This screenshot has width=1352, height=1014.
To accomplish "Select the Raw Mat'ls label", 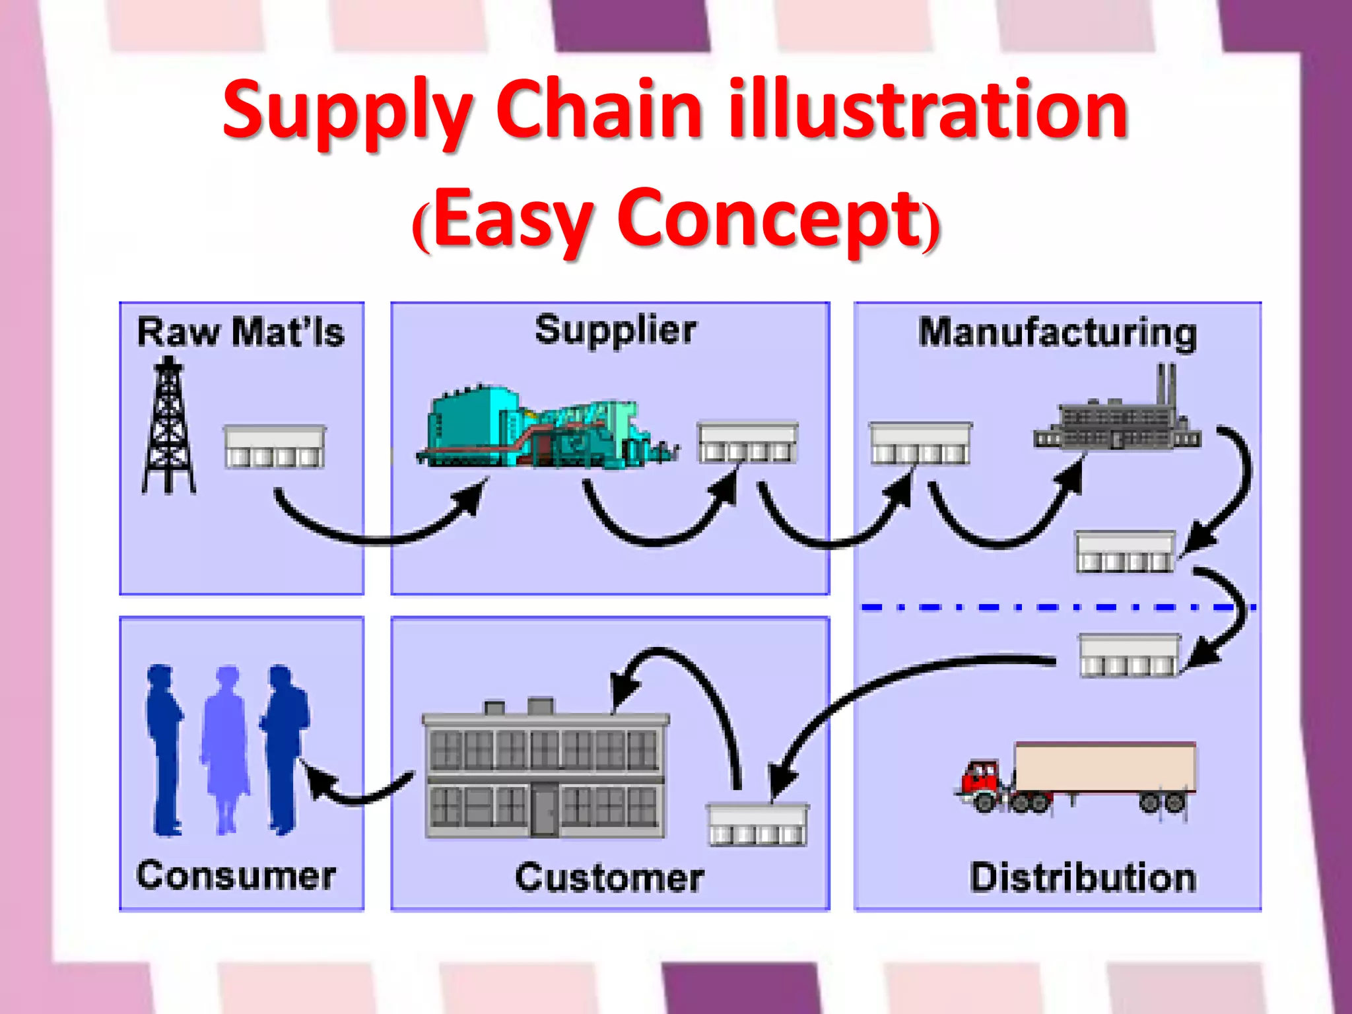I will (x=240, y=332).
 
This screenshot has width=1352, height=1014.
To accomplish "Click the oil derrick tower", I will (x=169, y=426).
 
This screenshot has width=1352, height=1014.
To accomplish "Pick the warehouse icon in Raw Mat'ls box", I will (x=275, y=447).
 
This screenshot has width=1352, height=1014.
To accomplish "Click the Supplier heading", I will (x=615, y=329).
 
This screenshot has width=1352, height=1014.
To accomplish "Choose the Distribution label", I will (x=1083, y=877).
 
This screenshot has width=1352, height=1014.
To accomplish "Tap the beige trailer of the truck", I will (x=1104, y=766).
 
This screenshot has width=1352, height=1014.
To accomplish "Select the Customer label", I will (x=609, y=878).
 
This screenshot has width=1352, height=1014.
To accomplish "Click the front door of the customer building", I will (x=544, y=808).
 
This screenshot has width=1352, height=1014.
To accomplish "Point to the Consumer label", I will (x=236, y=876).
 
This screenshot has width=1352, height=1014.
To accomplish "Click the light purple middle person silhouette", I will (x=226, y=746).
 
